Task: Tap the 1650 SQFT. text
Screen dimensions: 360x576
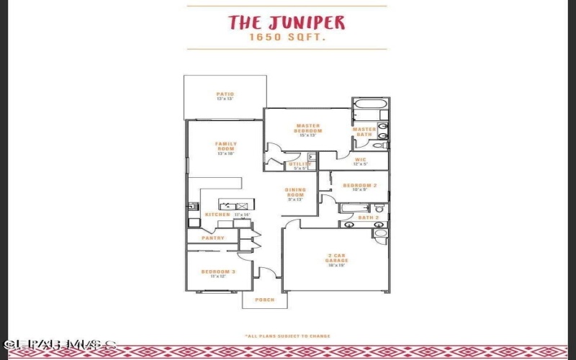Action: point(287,37)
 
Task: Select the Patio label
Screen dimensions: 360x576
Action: point(225,94)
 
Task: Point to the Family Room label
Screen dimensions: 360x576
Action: point(225,145)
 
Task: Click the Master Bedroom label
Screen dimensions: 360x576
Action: point(307,127)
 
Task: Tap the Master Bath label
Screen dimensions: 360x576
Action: point(364,132)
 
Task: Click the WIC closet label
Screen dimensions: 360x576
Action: point(361,160)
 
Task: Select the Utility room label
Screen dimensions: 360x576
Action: point(300,164)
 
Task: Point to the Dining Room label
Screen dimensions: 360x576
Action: point(296,192)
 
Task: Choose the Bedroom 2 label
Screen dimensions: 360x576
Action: point(356,186)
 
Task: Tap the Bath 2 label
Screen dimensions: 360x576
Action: point(368,217)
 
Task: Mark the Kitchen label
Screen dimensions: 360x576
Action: point(217,215)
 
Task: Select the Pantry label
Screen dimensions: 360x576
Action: point(213,238)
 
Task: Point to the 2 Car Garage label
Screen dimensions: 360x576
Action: point(338,258)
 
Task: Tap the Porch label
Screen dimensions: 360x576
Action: point(264,300)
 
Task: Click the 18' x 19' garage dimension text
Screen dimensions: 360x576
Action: point(338,266)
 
